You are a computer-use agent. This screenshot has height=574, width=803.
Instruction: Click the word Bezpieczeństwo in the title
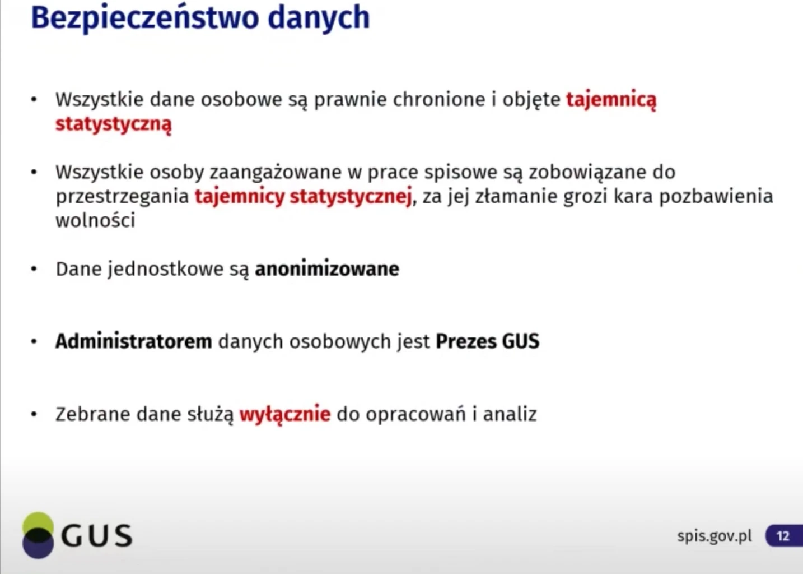(x=145, y=18)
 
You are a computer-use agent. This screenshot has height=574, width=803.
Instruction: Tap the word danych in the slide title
(x=319, y=18)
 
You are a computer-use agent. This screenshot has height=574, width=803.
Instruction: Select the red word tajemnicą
(x=611, y=100)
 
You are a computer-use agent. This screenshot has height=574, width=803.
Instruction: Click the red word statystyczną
(x=114, y=124)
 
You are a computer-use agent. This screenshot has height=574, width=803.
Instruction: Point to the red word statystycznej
(x=351, y=197)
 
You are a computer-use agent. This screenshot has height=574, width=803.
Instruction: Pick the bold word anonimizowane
(x=327, y=269)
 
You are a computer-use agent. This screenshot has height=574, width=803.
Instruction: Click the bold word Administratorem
(x=134, y=341)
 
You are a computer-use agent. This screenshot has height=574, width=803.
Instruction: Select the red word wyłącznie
(x=285, y=414)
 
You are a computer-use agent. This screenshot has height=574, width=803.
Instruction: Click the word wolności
(x=95, y=220)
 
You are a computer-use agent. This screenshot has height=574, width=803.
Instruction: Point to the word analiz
(x=510, y=414)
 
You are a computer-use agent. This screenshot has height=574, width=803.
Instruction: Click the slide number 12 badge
(x=784, y=536)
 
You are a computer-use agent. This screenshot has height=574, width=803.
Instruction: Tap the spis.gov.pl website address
(x=715, y=536)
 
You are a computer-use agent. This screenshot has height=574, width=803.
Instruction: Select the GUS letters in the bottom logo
(x=97, y=536)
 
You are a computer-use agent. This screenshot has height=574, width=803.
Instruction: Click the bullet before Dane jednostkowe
(x=34, y=269)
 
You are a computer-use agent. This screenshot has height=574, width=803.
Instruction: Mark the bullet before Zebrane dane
(x=34, y=414)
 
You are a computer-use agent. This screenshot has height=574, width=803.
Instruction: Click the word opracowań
(x=416, y=415)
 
